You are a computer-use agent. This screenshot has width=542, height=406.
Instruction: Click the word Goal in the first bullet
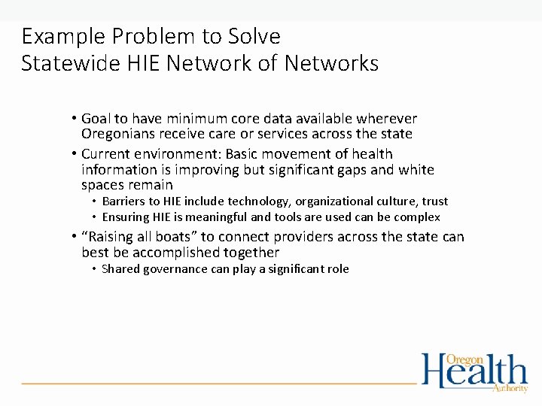point(96,119)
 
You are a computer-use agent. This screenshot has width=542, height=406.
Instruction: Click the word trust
point(434,201)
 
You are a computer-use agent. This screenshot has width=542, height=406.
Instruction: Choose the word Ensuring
point(126,217)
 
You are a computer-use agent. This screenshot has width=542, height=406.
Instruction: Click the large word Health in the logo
point(474,372)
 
